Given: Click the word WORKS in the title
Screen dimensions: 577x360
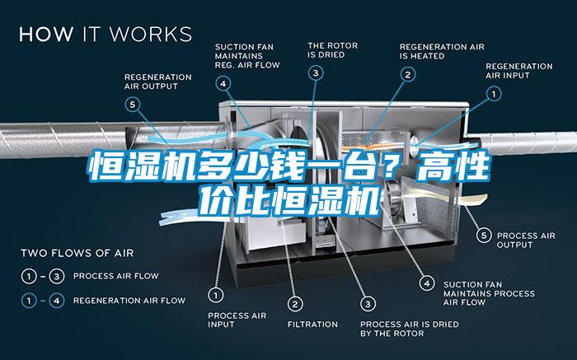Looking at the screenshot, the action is point(151,35).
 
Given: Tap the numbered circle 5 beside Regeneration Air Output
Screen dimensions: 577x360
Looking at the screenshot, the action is point(133,105).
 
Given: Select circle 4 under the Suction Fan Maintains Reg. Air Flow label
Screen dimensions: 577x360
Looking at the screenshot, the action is point(223,84).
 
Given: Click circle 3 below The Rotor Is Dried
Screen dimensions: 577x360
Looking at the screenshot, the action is point(316,73).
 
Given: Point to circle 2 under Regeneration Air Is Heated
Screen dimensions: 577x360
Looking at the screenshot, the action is point(408,75).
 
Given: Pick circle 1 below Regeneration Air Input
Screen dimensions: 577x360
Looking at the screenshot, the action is point(494,94).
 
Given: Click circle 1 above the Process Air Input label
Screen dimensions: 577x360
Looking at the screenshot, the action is point(216,295).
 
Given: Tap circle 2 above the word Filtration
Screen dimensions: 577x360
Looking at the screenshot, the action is point(295,304).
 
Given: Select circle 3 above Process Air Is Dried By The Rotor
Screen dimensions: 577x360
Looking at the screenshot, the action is point(368,304).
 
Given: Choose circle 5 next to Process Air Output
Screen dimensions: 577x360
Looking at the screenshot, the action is point(484,236).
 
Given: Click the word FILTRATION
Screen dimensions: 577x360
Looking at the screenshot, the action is point(312,325).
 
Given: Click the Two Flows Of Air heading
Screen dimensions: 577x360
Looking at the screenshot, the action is point(77,253).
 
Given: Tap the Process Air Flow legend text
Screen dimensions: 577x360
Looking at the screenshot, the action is point(116,276).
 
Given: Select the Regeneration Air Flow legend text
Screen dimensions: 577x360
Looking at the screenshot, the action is point(129,301).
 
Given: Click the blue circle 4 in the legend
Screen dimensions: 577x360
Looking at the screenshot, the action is point(57,301).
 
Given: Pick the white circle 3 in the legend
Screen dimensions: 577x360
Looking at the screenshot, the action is point(57,276).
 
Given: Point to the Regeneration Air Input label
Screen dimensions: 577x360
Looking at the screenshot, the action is point(518,71).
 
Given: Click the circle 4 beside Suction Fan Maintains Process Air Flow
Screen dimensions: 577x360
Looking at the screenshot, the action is point(427,283).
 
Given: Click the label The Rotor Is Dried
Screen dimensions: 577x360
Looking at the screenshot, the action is point(333,50).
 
